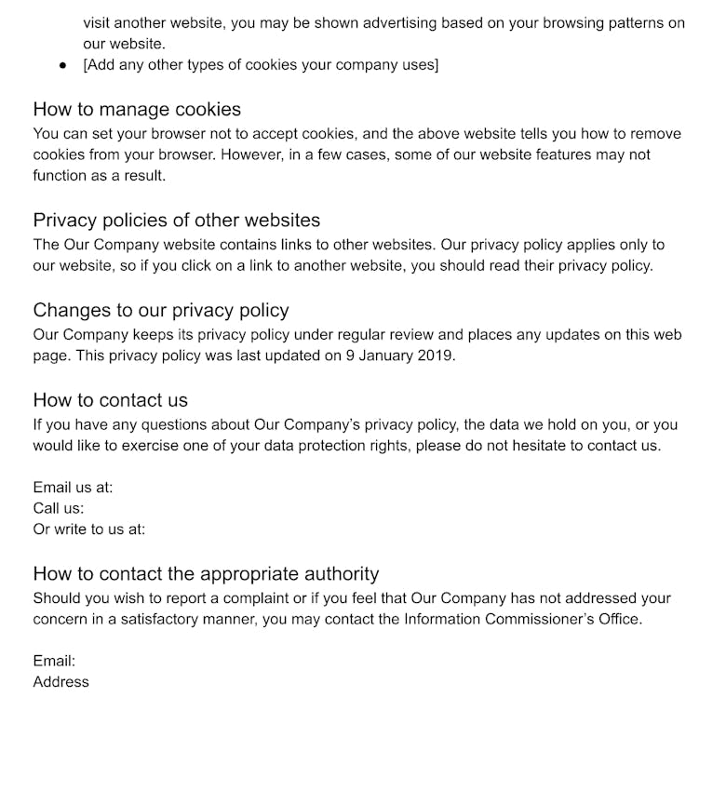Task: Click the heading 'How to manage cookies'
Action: [137, 110]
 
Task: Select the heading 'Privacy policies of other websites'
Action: [177, 221]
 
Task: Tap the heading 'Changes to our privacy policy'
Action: [161, 311]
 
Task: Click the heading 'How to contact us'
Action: [111, 400]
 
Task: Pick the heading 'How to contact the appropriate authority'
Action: [206, 574]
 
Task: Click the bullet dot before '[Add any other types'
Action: [62, 65]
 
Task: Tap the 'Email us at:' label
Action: [73, 488]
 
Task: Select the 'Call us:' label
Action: [59, 508]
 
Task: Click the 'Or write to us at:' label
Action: [89, 530]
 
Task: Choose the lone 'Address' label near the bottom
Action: [61, 682]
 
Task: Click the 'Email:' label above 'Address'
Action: [54, 661]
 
